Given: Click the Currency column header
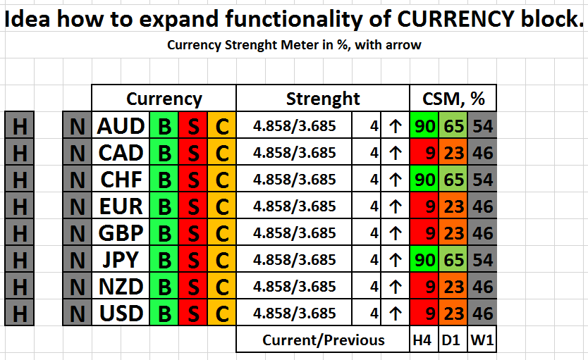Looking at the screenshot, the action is [x=164, y=99].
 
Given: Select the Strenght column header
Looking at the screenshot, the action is [x=323, y=99].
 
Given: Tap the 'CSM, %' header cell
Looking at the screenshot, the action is [x=453, y=99].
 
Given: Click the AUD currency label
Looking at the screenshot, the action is [x=121, y=125].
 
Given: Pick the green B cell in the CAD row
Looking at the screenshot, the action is [x=164, y=152].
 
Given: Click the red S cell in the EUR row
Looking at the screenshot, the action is [x=193, y=206].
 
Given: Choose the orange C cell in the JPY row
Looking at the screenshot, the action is [x=222, y=259].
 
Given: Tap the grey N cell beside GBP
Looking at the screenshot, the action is [x=78, y=233].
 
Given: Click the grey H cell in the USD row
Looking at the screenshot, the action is [x=20, y=314].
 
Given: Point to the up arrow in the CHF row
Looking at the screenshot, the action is [x=396, y=180].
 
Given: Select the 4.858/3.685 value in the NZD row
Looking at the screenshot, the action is [x=295, y=286].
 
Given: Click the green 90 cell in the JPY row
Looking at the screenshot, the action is [x=424, y=259].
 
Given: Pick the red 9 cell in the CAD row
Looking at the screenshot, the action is [x=424, y=152].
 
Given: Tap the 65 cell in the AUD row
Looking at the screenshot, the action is [x=453, y=125].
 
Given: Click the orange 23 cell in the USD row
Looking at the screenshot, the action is [x=453, y=314].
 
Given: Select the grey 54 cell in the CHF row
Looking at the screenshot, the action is [x=482, y=180].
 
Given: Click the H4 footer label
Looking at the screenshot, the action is [x=424, y=340].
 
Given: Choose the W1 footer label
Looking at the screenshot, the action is [x=482, y=340].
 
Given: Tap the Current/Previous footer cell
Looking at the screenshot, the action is [x=323, y=340].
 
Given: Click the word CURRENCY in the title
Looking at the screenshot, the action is [x=455, y=19].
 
